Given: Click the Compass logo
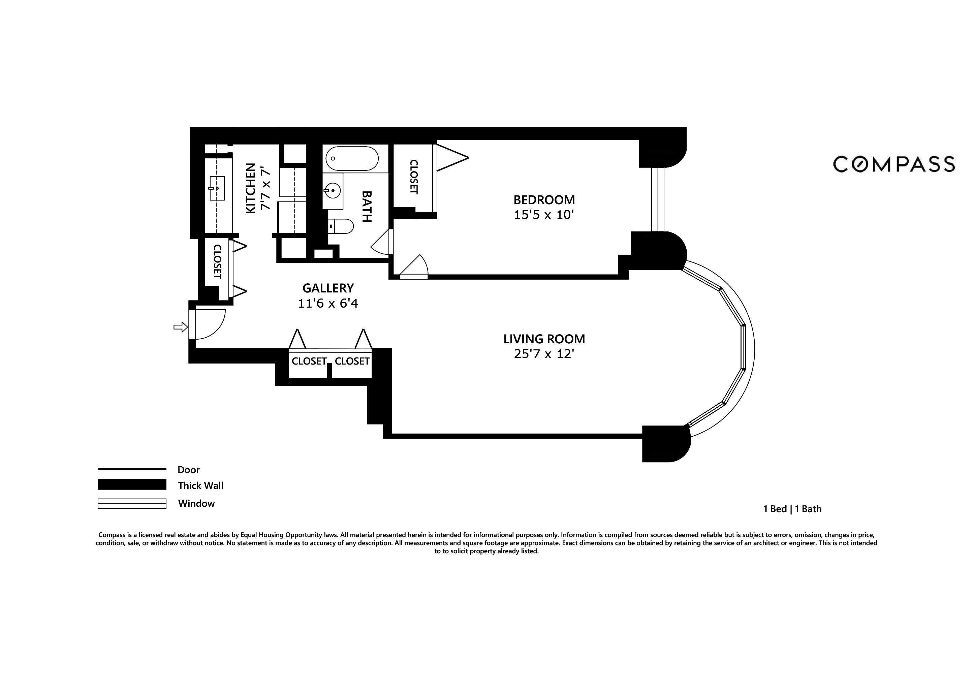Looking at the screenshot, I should [894, 164].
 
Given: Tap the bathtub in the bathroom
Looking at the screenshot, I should [352, 159].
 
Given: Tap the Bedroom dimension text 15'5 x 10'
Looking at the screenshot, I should [544, 215].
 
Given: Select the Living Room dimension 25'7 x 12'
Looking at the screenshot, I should [544, 354].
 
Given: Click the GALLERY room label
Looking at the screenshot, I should [328, 288].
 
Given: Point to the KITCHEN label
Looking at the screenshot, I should [251, 188].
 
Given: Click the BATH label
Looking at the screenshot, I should [367, 207].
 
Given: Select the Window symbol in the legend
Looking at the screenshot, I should [132, 503].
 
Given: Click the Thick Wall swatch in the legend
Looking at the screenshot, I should [132, 484].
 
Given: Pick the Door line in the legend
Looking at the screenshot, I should [132, 469].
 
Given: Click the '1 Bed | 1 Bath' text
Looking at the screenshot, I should [792, 509].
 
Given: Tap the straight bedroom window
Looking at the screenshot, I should [658, 199].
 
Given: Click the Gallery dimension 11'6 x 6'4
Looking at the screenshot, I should [328, 304].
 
